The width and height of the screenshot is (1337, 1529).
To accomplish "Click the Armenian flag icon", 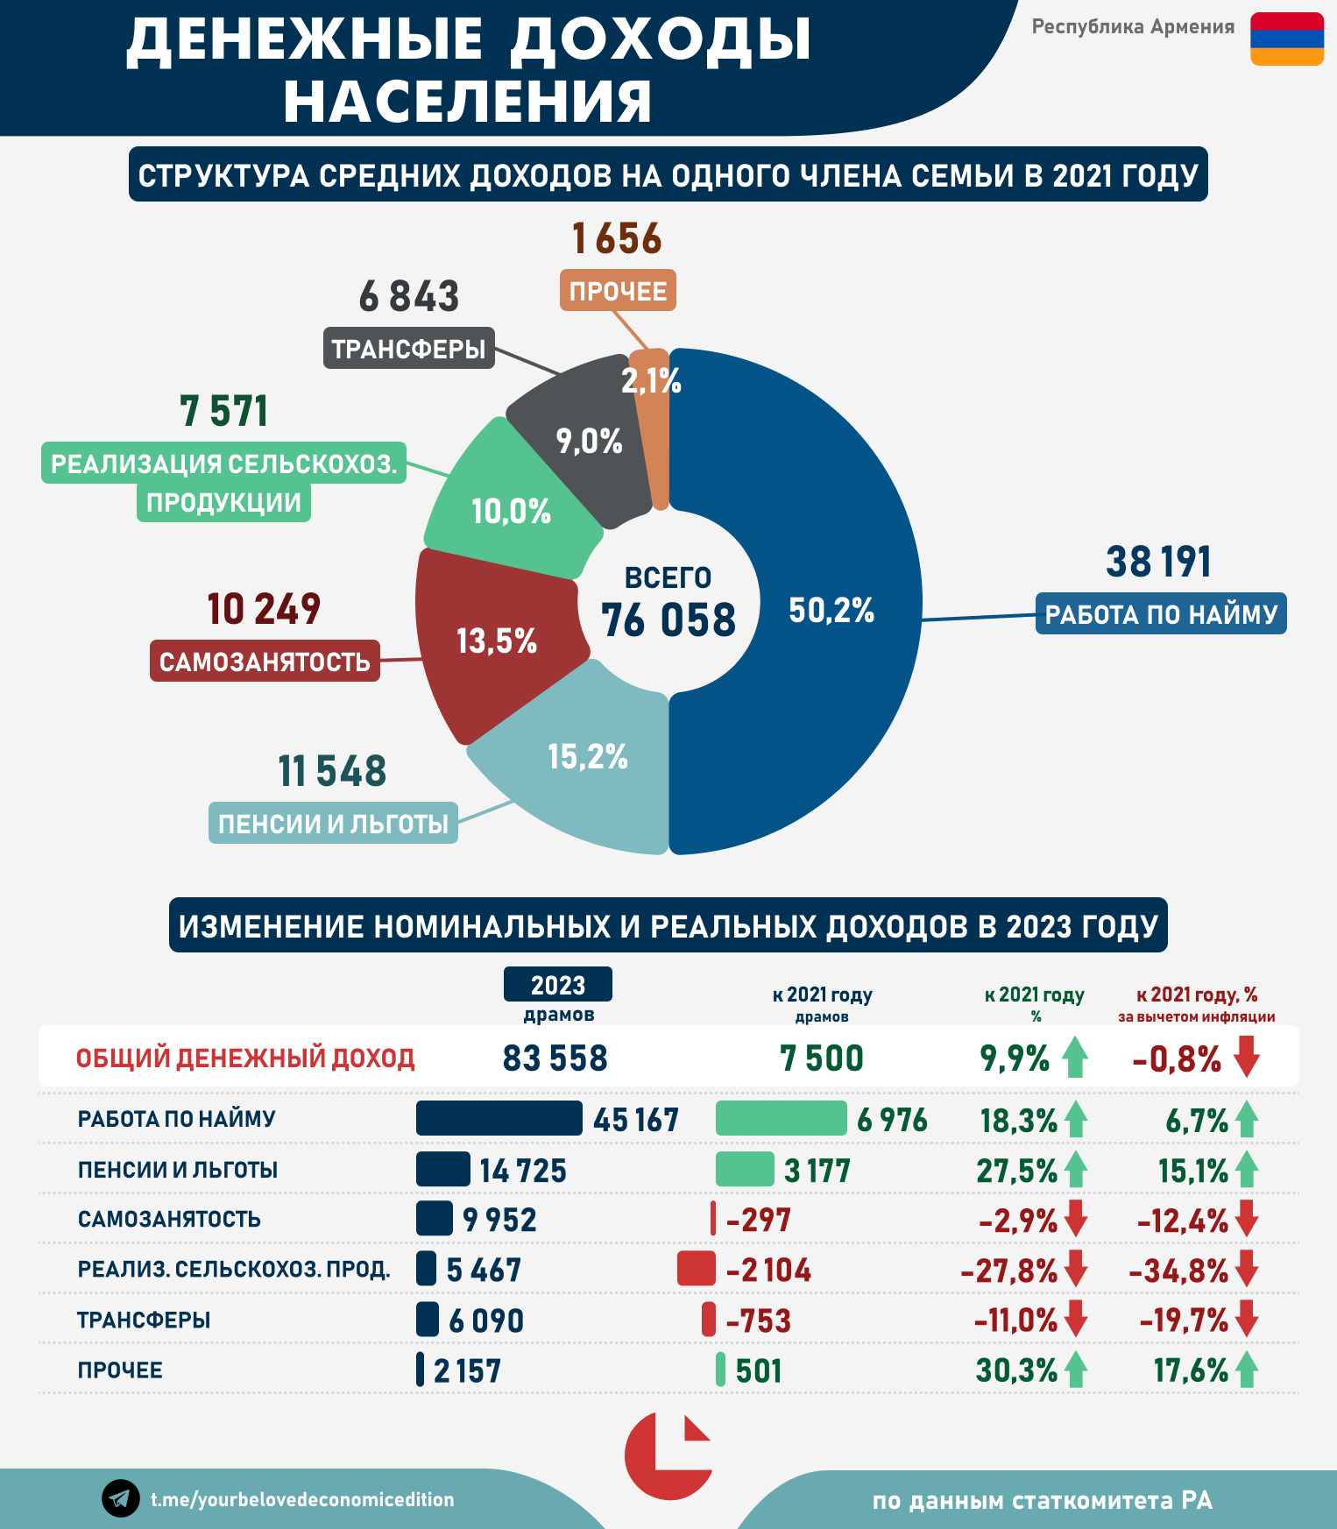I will [x=1286, y=39].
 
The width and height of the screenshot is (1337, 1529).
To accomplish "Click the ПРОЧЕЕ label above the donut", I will [x=618, y=291].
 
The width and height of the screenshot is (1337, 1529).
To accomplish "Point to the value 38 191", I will [x=1158, y=563].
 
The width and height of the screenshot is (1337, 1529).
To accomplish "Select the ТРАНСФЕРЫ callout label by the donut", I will [x=408, y=349].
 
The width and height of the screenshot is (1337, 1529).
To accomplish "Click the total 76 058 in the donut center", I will [x=668, y=620].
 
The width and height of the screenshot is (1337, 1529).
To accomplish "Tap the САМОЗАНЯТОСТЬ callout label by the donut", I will [x=265, y=662].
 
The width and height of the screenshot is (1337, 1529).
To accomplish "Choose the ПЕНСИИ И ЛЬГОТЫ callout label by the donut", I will [x=333, y=824].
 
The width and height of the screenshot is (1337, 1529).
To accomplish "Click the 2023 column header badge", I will [x=557, y=985].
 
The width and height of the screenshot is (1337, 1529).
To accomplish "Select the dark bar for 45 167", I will [x=499, y=1119].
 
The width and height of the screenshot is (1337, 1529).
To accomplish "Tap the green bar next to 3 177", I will [x=745, y=1170].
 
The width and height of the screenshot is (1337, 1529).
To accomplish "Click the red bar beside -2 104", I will [x=697, y=1270].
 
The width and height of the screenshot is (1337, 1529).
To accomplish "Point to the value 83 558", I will [x=555, y=1058].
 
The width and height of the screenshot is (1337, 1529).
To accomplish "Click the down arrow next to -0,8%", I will [x=1247, y=1057].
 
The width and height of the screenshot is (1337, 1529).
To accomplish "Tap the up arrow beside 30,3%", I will [x=1076, y=1370].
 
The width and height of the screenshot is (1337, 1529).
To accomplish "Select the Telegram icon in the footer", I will [x=121, y=1498].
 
